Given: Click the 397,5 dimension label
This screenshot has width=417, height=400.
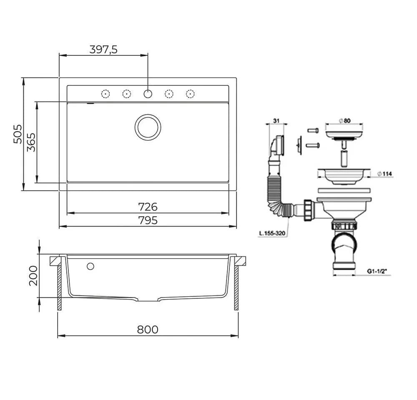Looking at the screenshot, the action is (x=103, y=50).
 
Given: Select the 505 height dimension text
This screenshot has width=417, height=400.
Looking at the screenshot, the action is (x=18, y=134).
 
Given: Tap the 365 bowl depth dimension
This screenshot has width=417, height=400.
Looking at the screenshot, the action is (x=31, y=142).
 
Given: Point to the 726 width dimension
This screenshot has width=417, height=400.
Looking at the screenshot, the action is (x=148, y=207).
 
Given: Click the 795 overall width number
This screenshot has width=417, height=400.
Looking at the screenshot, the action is (x=148, y=220).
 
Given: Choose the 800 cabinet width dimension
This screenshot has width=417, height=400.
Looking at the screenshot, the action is (x=148, y=330).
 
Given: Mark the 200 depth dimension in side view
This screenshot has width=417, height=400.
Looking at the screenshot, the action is (x=33, y=276).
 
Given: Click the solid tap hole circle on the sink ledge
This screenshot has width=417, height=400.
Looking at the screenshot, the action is (x=148, y=94).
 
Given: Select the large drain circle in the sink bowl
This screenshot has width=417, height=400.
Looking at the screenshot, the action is (x=148, y=127).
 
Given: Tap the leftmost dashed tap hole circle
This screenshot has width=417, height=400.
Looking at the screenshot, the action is (x=106, y=94).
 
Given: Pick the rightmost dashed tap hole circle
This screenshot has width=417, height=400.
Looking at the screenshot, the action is (x=190, y=94).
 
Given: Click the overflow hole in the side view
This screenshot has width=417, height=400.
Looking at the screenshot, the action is (x=90, y=266).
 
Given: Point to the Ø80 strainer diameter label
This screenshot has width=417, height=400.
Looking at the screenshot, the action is (x=345, y=121).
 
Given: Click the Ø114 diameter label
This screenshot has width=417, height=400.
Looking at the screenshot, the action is (x=384, y=174).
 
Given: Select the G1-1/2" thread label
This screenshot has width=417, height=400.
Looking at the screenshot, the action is (x=377, y=271).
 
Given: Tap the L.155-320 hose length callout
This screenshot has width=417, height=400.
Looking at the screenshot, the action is (x=272, y=233).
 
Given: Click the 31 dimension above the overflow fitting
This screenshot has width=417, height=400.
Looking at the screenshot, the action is (x=276, y=121).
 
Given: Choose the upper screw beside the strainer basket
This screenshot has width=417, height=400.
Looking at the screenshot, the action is (x=313, y=130).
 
